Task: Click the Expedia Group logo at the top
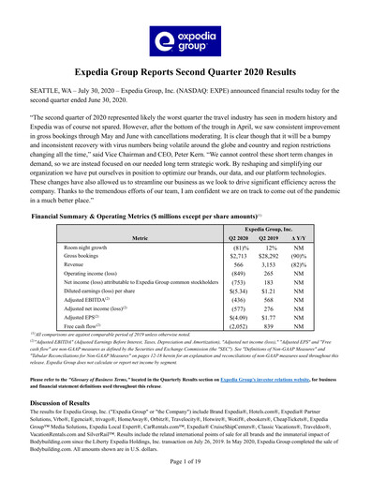coord(185,39)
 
